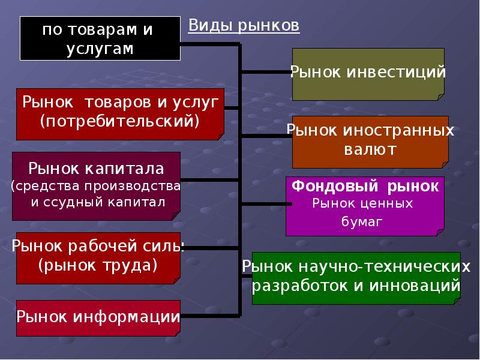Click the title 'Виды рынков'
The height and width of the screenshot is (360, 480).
tap(244, 25)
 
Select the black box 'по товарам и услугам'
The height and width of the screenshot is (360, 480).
tap(100, 38)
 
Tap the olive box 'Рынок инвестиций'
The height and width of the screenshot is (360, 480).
tap(368, 74)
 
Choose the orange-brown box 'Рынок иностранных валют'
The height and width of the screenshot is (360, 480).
tap(370, 141)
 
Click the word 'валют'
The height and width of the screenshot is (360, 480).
tap(370, 149)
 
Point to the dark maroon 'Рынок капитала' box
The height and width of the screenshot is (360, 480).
tap(96, 186)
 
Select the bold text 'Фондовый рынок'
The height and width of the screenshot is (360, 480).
tap(365, 187)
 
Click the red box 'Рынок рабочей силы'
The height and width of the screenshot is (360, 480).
tap(98, 258)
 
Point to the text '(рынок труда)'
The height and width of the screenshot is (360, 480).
tap(98, 265)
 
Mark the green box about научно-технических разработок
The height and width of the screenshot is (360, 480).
tap(356, 278)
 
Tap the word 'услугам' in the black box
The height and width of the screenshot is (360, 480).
tap(100, 49)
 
